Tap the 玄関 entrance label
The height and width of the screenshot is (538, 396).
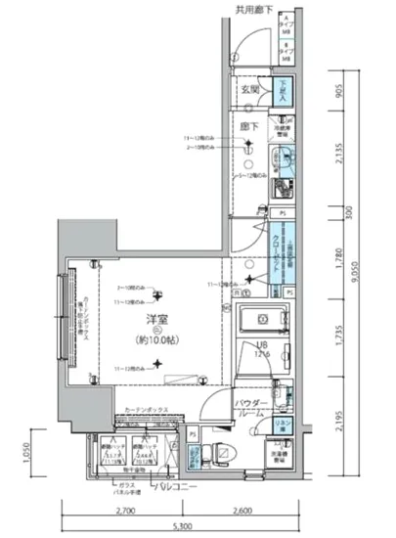pos(249,88)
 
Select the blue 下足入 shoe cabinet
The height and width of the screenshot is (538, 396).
pos(279,91)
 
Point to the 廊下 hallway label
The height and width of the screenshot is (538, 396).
pos(249,127)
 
